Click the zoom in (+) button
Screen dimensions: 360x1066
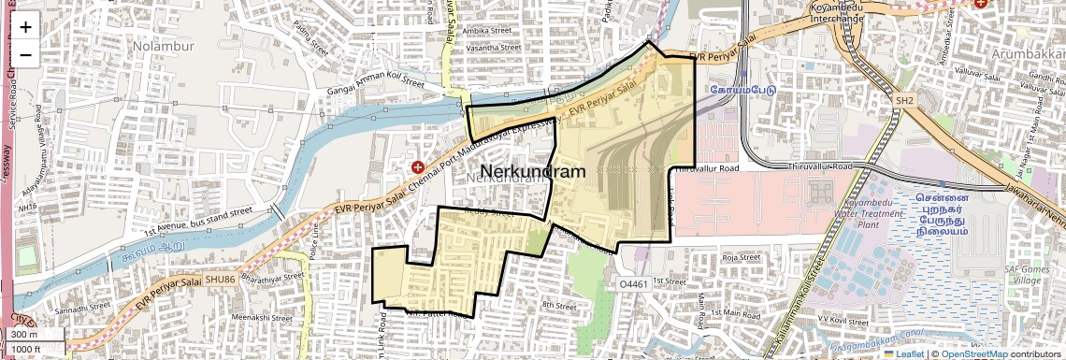25,27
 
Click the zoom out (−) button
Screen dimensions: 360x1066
25,54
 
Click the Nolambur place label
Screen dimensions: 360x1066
162,45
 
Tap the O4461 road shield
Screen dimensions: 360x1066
633,283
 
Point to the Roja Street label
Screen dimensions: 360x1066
742,256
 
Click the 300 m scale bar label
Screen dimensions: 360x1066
25,335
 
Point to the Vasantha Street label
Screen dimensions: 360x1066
493,47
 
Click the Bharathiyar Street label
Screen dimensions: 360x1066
274,278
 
